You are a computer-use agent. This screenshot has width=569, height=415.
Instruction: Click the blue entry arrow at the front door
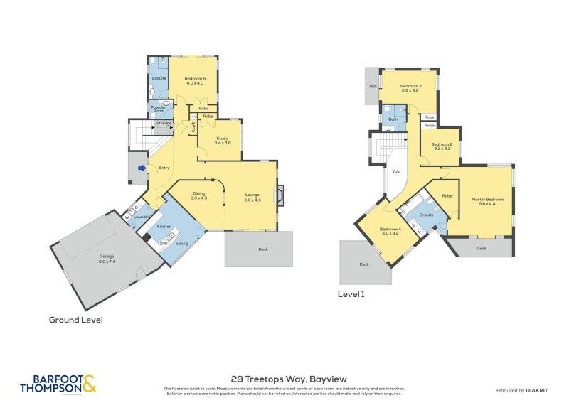tap(143, 168)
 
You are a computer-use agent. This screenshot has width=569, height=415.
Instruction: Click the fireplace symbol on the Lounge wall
tap(281, 195)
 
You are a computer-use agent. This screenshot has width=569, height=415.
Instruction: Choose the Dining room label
tap(198, 195)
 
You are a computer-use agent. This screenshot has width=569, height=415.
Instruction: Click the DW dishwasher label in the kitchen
tap(163, 244)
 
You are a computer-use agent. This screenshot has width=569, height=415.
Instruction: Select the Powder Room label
tap(158, 109)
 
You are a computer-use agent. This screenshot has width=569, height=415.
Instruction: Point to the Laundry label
tap(140, 216)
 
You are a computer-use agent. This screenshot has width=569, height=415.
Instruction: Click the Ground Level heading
tap(75, 320)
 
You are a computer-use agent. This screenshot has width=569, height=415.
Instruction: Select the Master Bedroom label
tap(487, 202)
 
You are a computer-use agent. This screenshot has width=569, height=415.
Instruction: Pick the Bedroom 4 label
tap(390, 231)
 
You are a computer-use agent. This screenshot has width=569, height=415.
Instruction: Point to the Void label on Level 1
tap(396, 171)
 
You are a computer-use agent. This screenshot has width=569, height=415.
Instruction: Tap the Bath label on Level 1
tap(393, 119)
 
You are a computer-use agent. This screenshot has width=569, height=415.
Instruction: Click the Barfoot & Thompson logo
tap(58, 384)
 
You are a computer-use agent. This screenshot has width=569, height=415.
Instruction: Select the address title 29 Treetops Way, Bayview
tap(289, 379)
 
